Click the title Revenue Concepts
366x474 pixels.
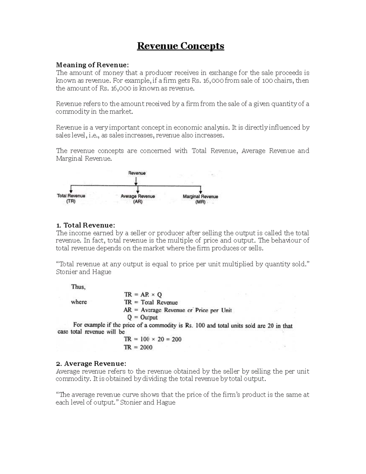tap(181, 46)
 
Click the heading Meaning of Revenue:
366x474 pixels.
tap(92, 65)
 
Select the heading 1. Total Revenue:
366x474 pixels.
tap(85, 225)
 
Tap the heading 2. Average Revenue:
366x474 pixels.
tap(91, 364)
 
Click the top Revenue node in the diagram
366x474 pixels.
tap(137, 173)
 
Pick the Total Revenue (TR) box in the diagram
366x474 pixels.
tap(71, 198)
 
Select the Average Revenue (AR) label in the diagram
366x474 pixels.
tap(138, 199)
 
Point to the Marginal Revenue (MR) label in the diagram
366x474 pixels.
tap(200, 199)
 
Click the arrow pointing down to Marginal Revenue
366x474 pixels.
tap(201, 189)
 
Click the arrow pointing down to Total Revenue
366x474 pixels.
tap(71, 189)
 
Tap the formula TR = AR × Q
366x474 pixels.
tap(143, 295)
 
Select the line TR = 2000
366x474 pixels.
tap(138, 347)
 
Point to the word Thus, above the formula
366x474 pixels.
tap(78, 287)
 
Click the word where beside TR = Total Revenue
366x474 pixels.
tap(79, 302)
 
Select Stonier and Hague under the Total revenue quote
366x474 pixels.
tap(84, 272)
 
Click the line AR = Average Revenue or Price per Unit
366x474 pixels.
tap(178, 310)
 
